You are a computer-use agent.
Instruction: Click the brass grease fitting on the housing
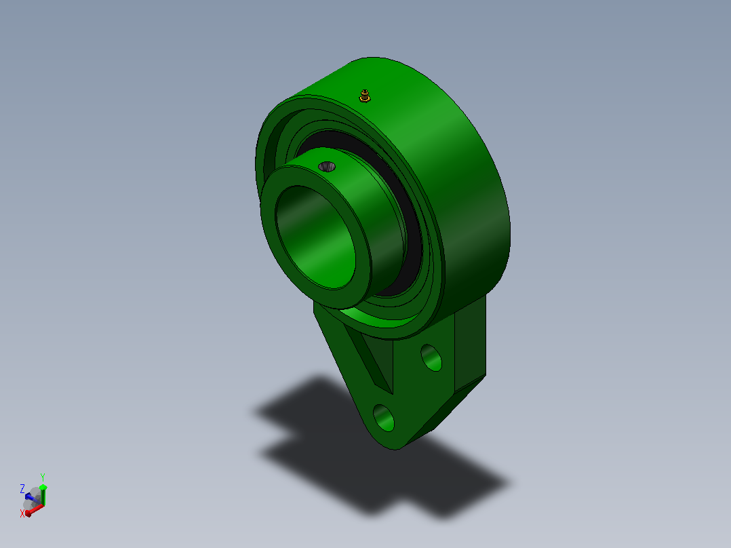(x=365, y=96)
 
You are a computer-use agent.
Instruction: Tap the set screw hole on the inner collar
(x=327, y=166)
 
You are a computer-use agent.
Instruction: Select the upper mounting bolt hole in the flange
(x=431, y=357)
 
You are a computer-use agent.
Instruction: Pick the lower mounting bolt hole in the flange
(x=384, y=418)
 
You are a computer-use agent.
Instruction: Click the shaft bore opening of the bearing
(x=315, y=237)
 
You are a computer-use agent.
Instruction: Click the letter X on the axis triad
(x=22, y=513)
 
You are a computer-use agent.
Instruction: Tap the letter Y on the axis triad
(x=43, y=477)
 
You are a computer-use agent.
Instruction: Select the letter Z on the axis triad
(x=22, y=489)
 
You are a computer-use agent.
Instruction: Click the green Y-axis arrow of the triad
(x=43, y=495)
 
